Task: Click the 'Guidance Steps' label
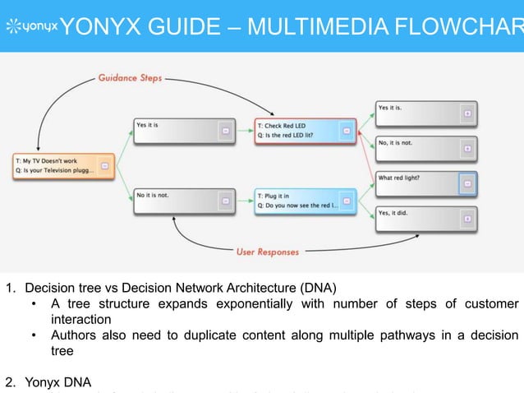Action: pos(130,79)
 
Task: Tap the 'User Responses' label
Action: pos(269,252)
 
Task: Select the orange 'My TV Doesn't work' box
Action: pos(62,165)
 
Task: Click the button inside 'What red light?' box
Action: pos(467,184)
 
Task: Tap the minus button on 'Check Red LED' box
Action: pos(346,132)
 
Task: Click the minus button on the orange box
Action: pos(104,166)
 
